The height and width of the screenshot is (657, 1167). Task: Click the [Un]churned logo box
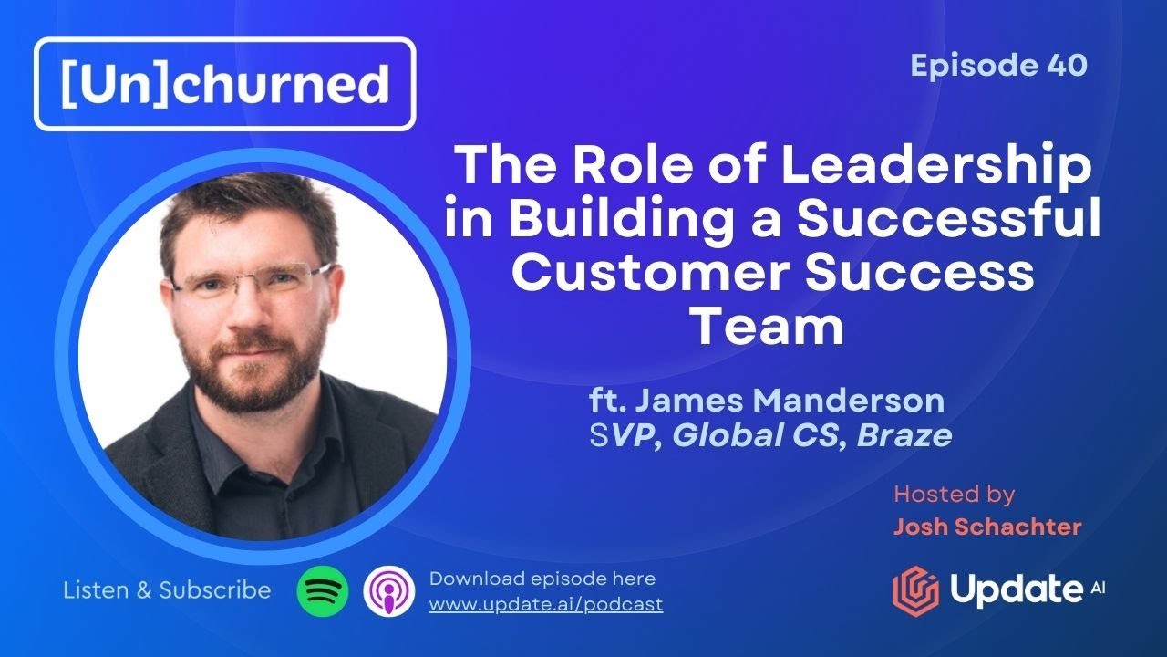[224, 83]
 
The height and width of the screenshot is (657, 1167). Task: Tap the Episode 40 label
[998, 66]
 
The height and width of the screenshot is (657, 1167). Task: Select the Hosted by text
[954, 495]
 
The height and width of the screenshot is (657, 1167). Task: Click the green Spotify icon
[323, 590]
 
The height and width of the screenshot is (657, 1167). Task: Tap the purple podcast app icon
[389, 590]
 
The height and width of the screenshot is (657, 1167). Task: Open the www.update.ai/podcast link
[545, 604]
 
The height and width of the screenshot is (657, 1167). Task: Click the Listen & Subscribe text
[167, 590]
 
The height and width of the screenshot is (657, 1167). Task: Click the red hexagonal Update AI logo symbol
[915, 589]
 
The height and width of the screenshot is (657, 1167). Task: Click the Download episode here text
[542, 579]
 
